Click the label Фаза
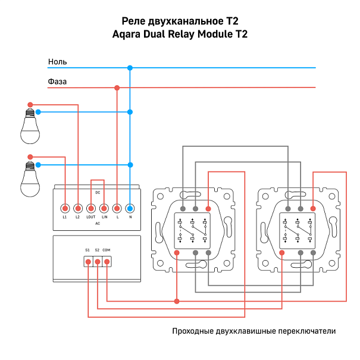(57, 82)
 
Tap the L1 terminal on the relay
(65, 208)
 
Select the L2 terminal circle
(78, 208)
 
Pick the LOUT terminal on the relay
(91, 208)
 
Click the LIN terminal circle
(104, 208)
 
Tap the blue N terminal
(130, 208)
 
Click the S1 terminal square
(87, 261)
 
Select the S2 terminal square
(97, 261)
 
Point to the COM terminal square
(107, 261)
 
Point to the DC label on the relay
(97, 193)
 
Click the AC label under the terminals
(97, 223)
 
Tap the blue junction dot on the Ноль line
(130, 68)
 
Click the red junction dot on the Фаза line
(117, 88)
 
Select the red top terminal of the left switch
(208, 209)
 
